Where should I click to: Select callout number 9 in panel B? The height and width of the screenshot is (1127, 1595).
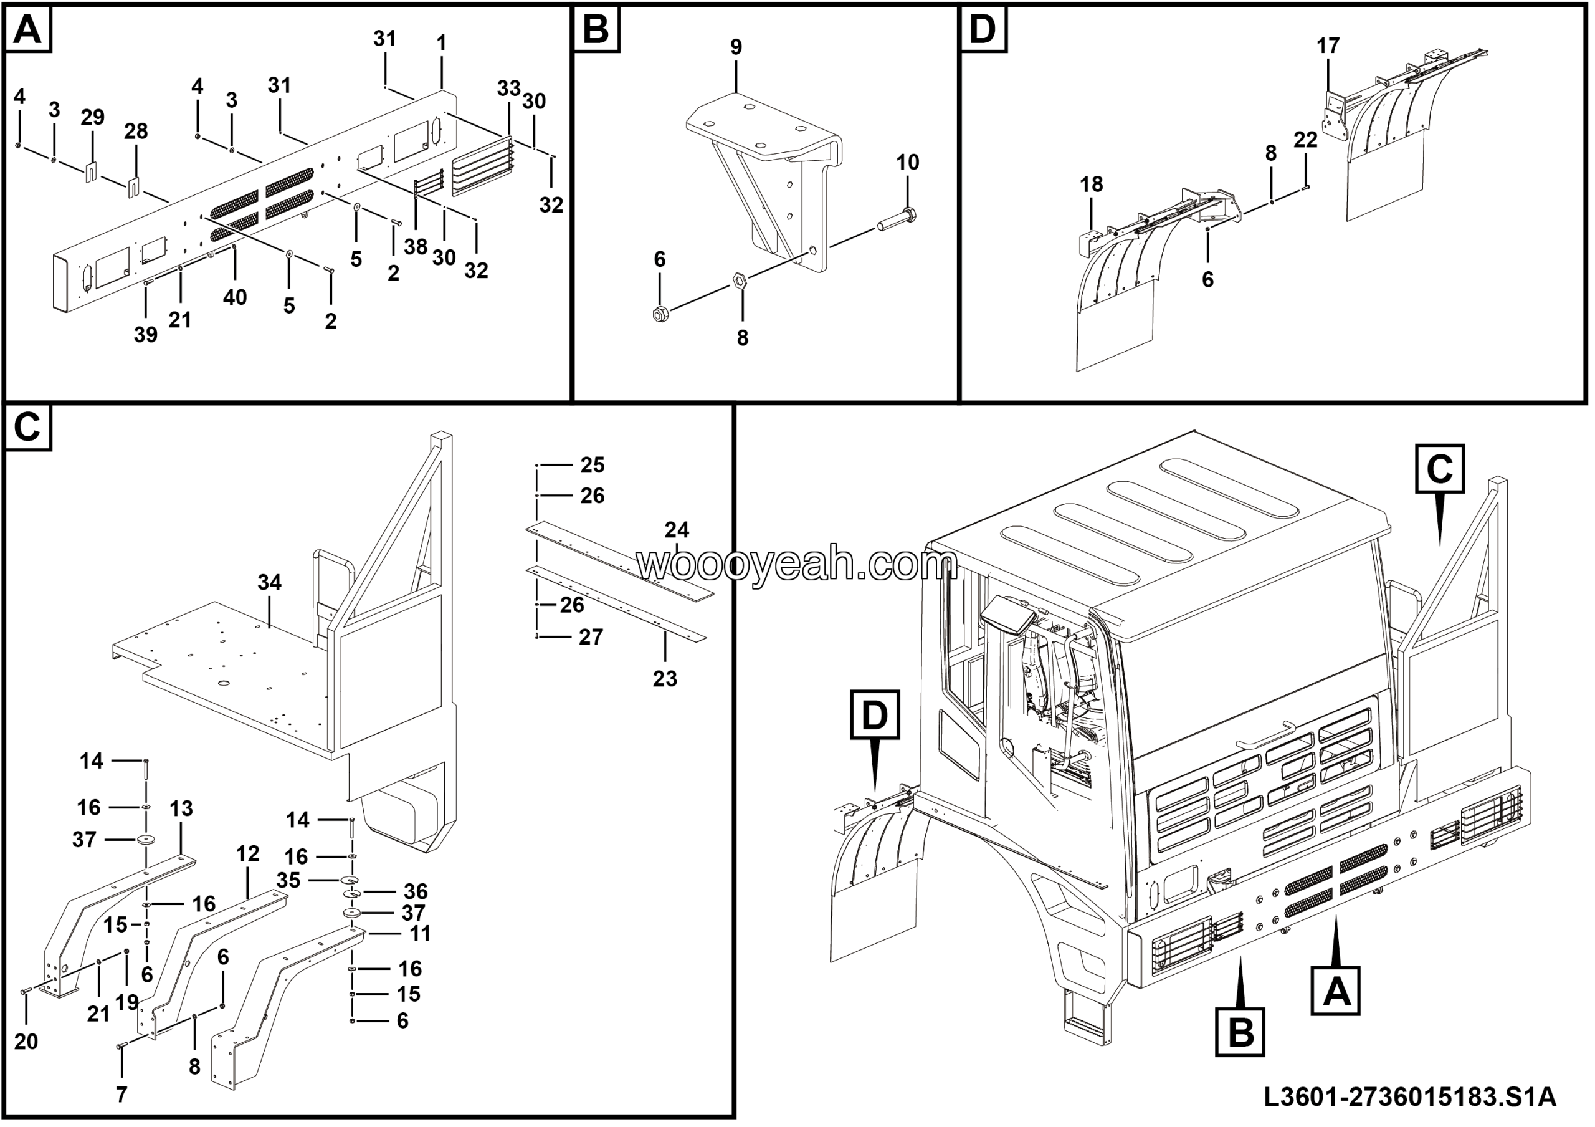(x=736, y=47)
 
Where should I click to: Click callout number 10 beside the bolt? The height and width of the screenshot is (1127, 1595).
(x=907, y=162)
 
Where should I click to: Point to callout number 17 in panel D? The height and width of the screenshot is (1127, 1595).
(x=1328, y=46)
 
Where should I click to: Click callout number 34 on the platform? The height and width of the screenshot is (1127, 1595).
(x=270, y=582)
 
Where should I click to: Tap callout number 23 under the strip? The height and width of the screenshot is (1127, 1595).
(x=664, y=678)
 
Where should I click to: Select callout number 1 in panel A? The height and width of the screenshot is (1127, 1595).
(x=441, y=43)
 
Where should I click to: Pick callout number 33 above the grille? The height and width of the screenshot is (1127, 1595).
(x=508, y=89)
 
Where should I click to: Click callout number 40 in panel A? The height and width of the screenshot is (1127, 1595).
(x=235, y=297)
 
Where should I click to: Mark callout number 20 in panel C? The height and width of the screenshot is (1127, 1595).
(x=26, y=1041)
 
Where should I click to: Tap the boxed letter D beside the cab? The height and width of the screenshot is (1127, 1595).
(x=875, y=715)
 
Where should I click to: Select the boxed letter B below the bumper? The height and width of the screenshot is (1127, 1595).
(x=1240, y=1032)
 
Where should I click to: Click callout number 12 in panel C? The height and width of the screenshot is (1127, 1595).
(x=247, y=853)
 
